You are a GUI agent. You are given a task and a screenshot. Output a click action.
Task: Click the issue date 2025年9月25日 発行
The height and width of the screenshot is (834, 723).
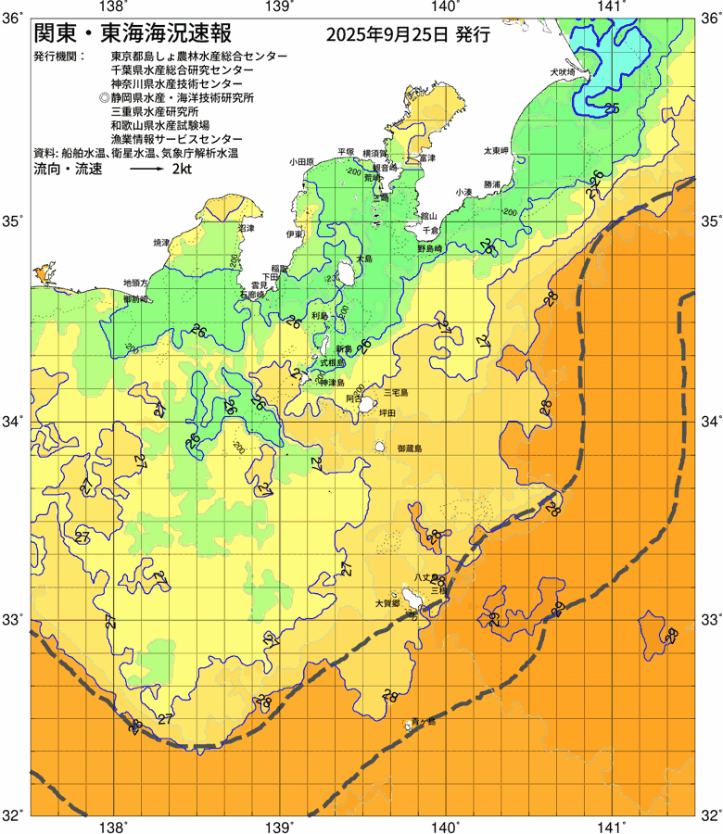408,35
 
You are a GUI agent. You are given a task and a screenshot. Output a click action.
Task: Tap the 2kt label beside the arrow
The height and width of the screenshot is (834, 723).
183,171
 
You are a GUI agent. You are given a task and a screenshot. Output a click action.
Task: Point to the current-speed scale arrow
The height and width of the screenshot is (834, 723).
146,171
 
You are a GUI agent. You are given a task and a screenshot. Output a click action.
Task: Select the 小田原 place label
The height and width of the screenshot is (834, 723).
302,161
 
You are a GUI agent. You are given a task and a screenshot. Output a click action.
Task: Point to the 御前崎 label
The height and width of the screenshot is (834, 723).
136,299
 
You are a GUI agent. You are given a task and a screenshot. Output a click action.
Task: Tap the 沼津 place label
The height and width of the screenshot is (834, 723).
246,227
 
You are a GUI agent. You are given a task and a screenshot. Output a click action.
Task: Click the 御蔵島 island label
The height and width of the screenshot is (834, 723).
409,448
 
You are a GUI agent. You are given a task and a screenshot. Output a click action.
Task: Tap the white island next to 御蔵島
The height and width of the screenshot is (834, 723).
380,447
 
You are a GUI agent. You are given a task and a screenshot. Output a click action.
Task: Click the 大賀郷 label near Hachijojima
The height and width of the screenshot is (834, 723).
387,602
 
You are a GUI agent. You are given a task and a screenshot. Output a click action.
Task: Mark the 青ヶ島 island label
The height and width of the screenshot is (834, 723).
425,719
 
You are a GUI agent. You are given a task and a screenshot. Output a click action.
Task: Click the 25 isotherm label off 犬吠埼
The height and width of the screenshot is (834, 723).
611,109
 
